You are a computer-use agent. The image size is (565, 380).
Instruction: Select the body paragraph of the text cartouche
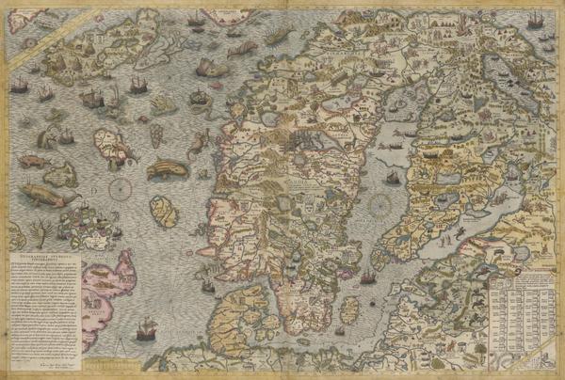(x=43, y=301)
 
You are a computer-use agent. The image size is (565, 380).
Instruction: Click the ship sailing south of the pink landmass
(x=147, y=331)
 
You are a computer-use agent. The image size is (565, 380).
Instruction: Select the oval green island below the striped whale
(x=165, y=211)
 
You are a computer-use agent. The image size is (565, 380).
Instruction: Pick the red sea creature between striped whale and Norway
(x=198, y=145)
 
